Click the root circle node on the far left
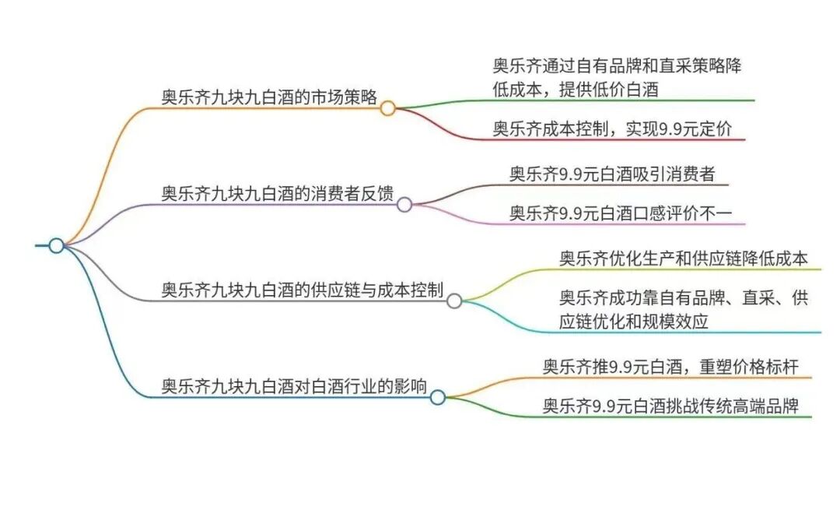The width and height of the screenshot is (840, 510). (x=56, y=246)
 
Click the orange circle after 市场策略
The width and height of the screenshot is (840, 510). (x=387, y=109)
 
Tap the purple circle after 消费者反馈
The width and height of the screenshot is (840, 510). (x=404, y=205)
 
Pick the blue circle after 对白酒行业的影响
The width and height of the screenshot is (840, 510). (x=438, y=398)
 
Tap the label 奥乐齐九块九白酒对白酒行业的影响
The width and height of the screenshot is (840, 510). (x=294, y=386)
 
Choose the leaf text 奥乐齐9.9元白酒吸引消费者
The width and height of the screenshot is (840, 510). (x=612, y=174)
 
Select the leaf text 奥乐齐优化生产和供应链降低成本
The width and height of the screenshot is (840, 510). (x=684, y=258)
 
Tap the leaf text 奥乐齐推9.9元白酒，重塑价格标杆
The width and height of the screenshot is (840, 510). (x=670, y=366)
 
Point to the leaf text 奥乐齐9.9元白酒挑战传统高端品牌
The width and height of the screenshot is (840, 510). (x=670, y=406)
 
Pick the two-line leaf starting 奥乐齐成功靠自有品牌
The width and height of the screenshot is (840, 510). (x=684, y=309)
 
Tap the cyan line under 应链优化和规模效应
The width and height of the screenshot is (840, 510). (x=700, y=332)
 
